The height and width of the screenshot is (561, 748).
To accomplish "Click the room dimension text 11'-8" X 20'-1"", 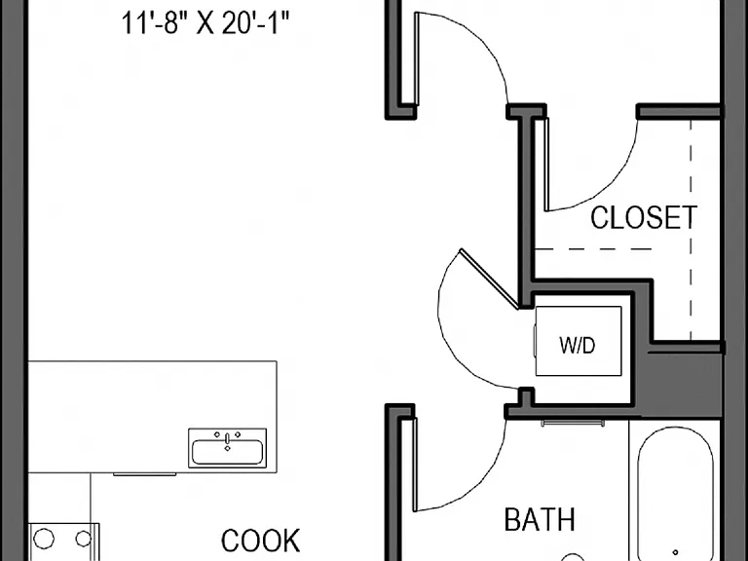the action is point(206,23).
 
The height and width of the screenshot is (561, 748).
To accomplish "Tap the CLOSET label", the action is point(644,217).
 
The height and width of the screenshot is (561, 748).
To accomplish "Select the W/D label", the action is point(578,345).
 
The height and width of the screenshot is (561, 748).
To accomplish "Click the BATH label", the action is point(540,519).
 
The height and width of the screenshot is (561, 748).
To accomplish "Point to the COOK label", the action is point(260,541).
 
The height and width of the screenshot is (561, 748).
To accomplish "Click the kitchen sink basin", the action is point(227,452).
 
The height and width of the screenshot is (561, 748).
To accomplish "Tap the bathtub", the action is point(676,494).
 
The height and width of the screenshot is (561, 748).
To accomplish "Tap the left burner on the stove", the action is point(44,539).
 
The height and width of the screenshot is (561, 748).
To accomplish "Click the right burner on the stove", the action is point(84,539).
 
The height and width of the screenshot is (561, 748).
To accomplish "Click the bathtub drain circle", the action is point(675,553).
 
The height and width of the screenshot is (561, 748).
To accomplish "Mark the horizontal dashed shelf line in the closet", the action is point(593,249).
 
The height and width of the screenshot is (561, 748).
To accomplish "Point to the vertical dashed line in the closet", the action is point(691,231).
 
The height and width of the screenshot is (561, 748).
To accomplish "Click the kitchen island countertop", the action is point(153,417).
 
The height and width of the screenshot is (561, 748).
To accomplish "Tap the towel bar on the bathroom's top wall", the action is point(573,423).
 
